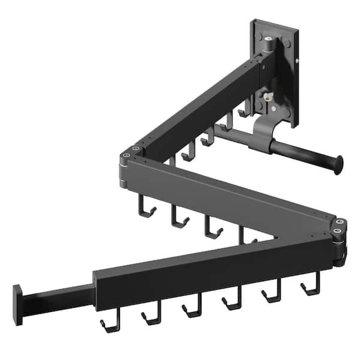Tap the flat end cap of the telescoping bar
18,305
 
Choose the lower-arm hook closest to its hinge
311,287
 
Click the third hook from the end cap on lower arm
191,309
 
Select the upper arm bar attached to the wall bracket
198,108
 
